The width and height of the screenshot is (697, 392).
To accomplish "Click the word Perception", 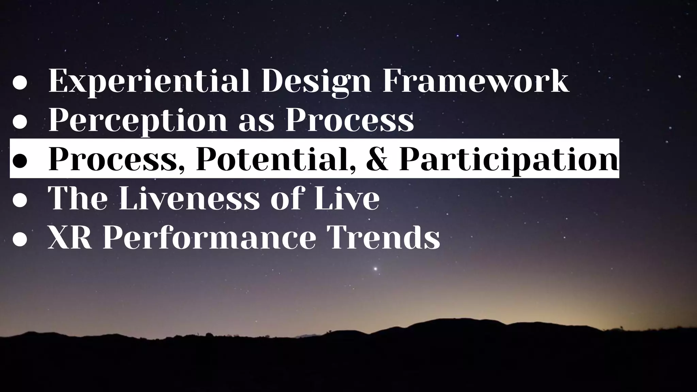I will (138, 121).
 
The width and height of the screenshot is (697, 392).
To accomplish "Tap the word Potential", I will (276, 159).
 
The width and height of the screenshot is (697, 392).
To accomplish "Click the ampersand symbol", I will (378, 159).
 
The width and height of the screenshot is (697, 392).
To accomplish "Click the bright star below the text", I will (375, 269).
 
